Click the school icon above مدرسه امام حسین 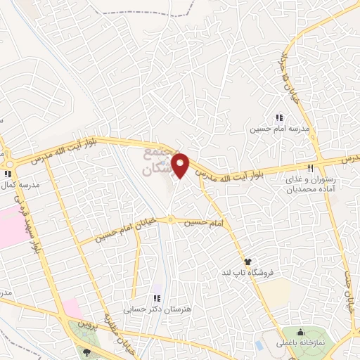pyautogui.click(x=279, y=118)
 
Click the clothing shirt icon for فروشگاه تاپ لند pyautogui.click(x=247, y=262)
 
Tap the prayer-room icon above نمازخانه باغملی pyautogui.click(x=302, y=332)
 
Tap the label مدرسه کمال pyautogui.click(x=20, y=184)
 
